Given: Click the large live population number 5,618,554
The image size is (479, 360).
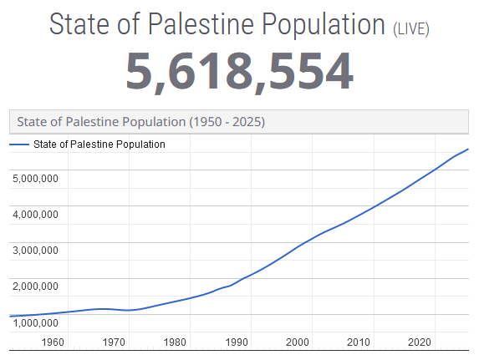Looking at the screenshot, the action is click(240, 72).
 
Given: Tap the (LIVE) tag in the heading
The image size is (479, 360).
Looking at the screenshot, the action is click(411, 29).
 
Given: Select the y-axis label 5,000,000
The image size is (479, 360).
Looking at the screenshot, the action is click(35, 178).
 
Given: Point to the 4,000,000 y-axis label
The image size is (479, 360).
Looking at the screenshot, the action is click(35, 215).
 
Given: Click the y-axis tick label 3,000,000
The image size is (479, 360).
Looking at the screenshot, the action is click(35, 251).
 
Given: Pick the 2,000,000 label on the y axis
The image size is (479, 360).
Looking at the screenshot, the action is click(35, 286).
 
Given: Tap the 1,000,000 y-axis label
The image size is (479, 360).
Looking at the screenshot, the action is click(35, 322).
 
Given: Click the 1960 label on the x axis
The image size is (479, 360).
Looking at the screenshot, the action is click(53, 342).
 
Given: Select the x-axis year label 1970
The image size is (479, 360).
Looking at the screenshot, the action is click(114, 342).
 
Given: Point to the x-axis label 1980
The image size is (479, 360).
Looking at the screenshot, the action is click(175, 342).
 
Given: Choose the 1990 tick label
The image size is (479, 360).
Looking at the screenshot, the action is click(237, 342).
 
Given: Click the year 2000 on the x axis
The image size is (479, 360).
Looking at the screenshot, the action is click(298, 342).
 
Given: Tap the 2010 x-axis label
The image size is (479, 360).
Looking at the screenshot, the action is click(359, 342).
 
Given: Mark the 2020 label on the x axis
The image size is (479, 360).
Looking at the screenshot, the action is click(420, 342).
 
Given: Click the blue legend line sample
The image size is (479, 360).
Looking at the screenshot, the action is click(19, 145).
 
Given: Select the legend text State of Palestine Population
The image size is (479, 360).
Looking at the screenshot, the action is click(99, 145).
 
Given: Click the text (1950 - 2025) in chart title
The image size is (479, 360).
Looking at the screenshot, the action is click(227, 122).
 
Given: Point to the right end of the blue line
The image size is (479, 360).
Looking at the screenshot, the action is click(468, 150).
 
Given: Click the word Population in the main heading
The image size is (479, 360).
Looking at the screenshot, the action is click(324, 24).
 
